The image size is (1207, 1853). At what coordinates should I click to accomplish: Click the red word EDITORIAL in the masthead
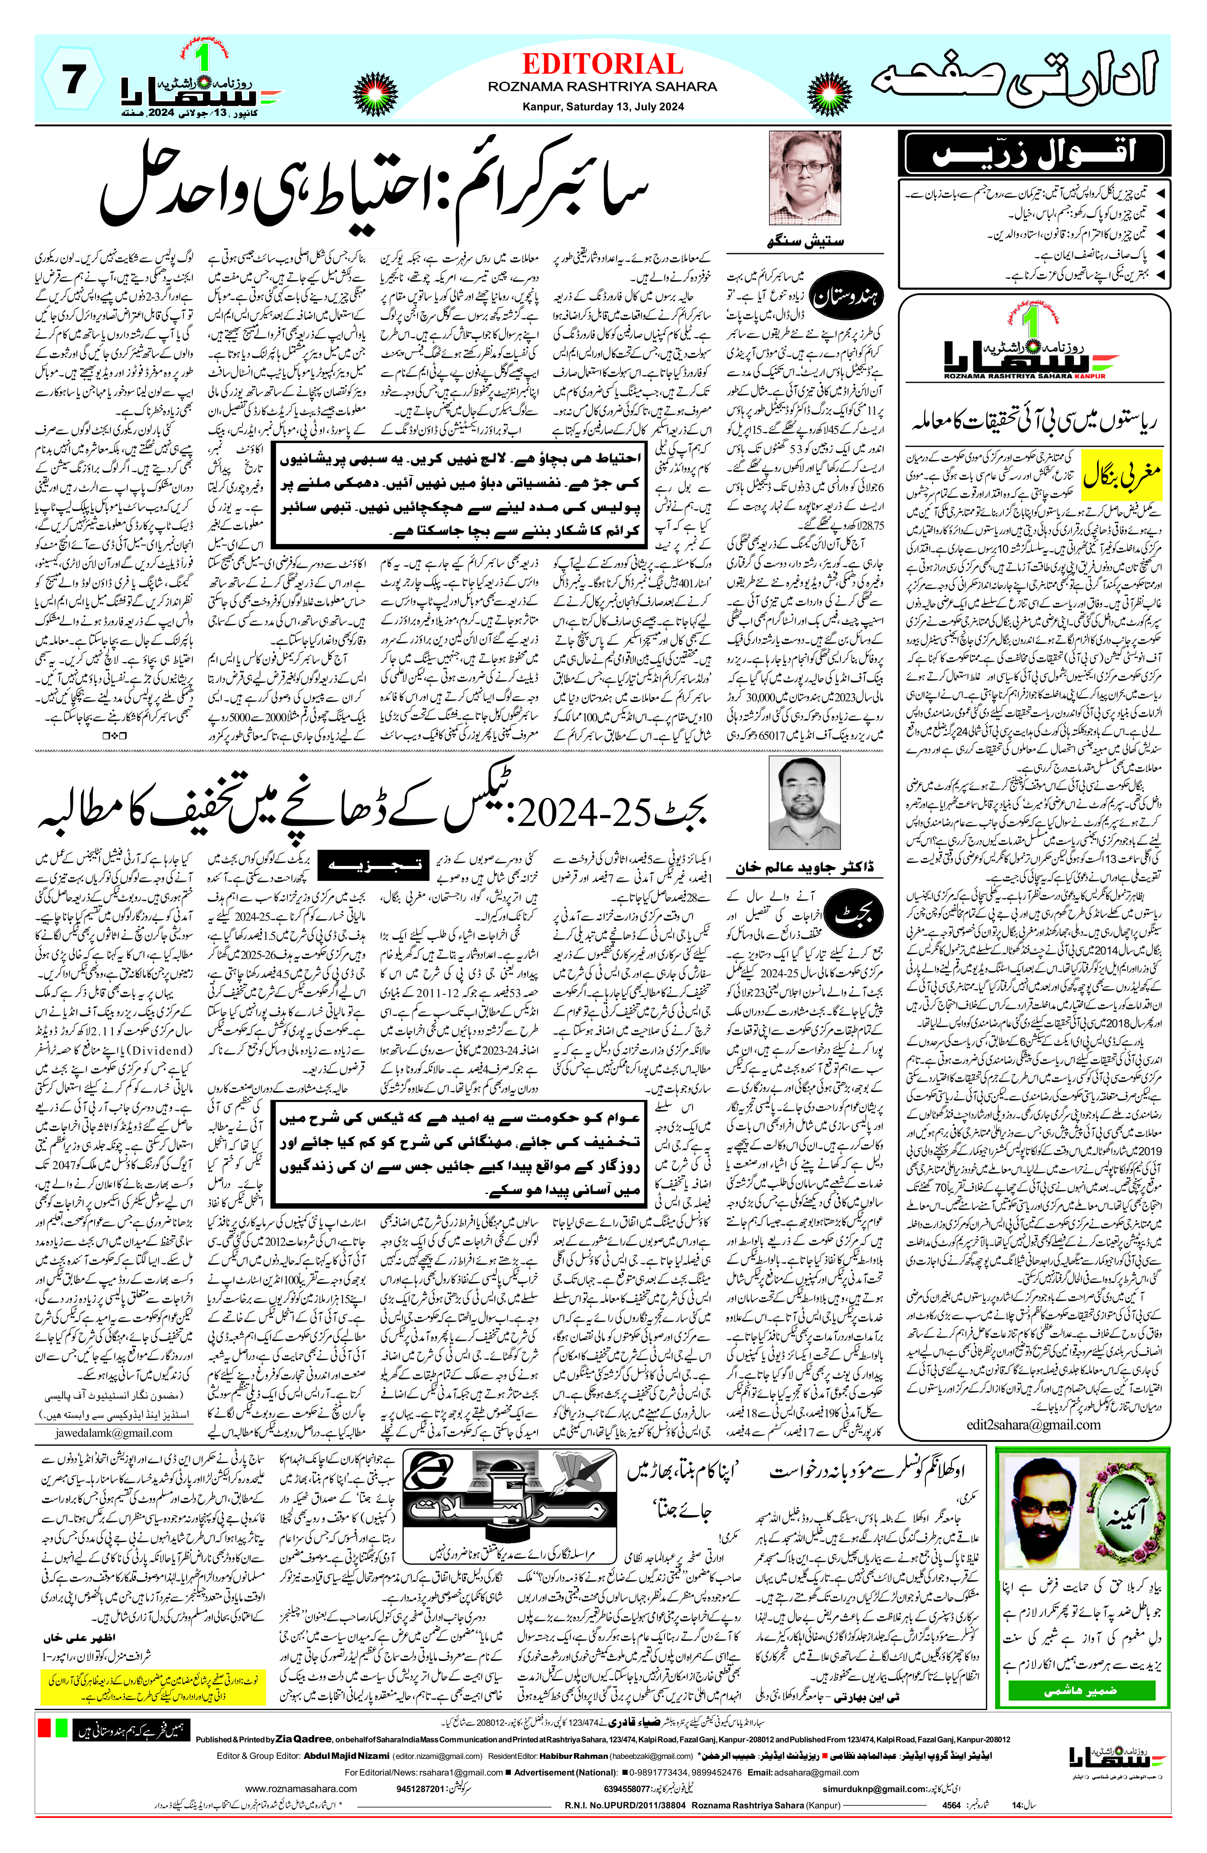602,64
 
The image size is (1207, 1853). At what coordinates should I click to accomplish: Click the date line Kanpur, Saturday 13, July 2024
602,107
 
